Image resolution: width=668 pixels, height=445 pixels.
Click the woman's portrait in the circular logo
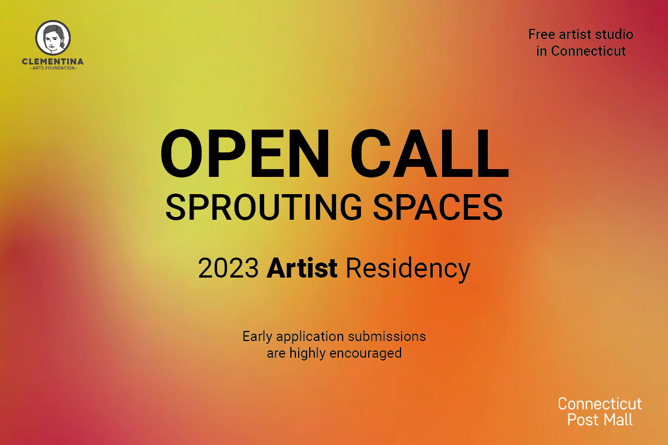[x=53, y=37]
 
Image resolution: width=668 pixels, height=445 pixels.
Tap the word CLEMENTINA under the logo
[x=53, y=61]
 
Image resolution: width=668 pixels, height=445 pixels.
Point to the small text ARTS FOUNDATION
[x=53, y=68]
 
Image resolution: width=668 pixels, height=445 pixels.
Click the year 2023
[x=228, y=269]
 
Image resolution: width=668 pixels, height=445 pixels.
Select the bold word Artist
[x=302, y=269]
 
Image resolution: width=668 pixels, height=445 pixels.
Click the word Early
[x=258, y=337]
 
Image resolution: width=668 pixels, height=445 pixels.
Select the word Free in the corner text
[x=540, y=34]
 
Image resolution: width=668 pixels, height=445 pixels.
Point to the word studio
[x=615, y=34]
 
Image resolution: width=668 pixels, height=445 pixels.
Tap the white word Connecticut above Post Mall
[x=600, y=403]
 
